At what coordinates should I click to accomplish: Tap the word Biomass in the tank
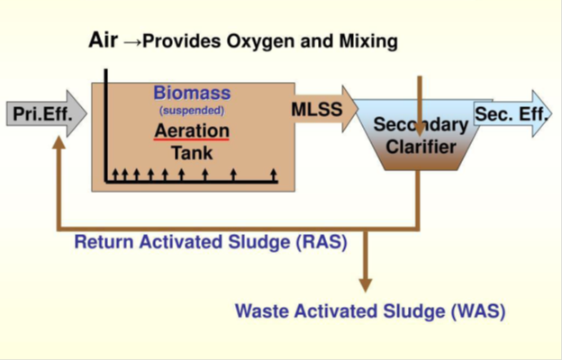pyautogui.click(x=191, y=93)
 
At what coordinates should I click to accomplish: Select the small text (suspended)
pyautogui.click(x=191, y=110)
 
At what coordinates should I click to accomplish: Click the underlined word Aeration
pyautogui.click(x=191, y=130)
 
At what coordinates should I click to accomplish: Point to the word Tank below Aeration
pyautogui.click(x=192, y=152)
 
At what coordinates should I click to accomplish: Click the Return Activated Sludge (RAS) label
pyautogui.click(x=211, y=242)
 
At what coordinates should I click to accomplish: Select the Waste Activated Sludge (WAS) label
pyautogui.click(x=370, y=312)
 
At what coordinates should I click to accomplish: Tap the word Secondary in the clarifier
pyautogui.click(x=421, y=125)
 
